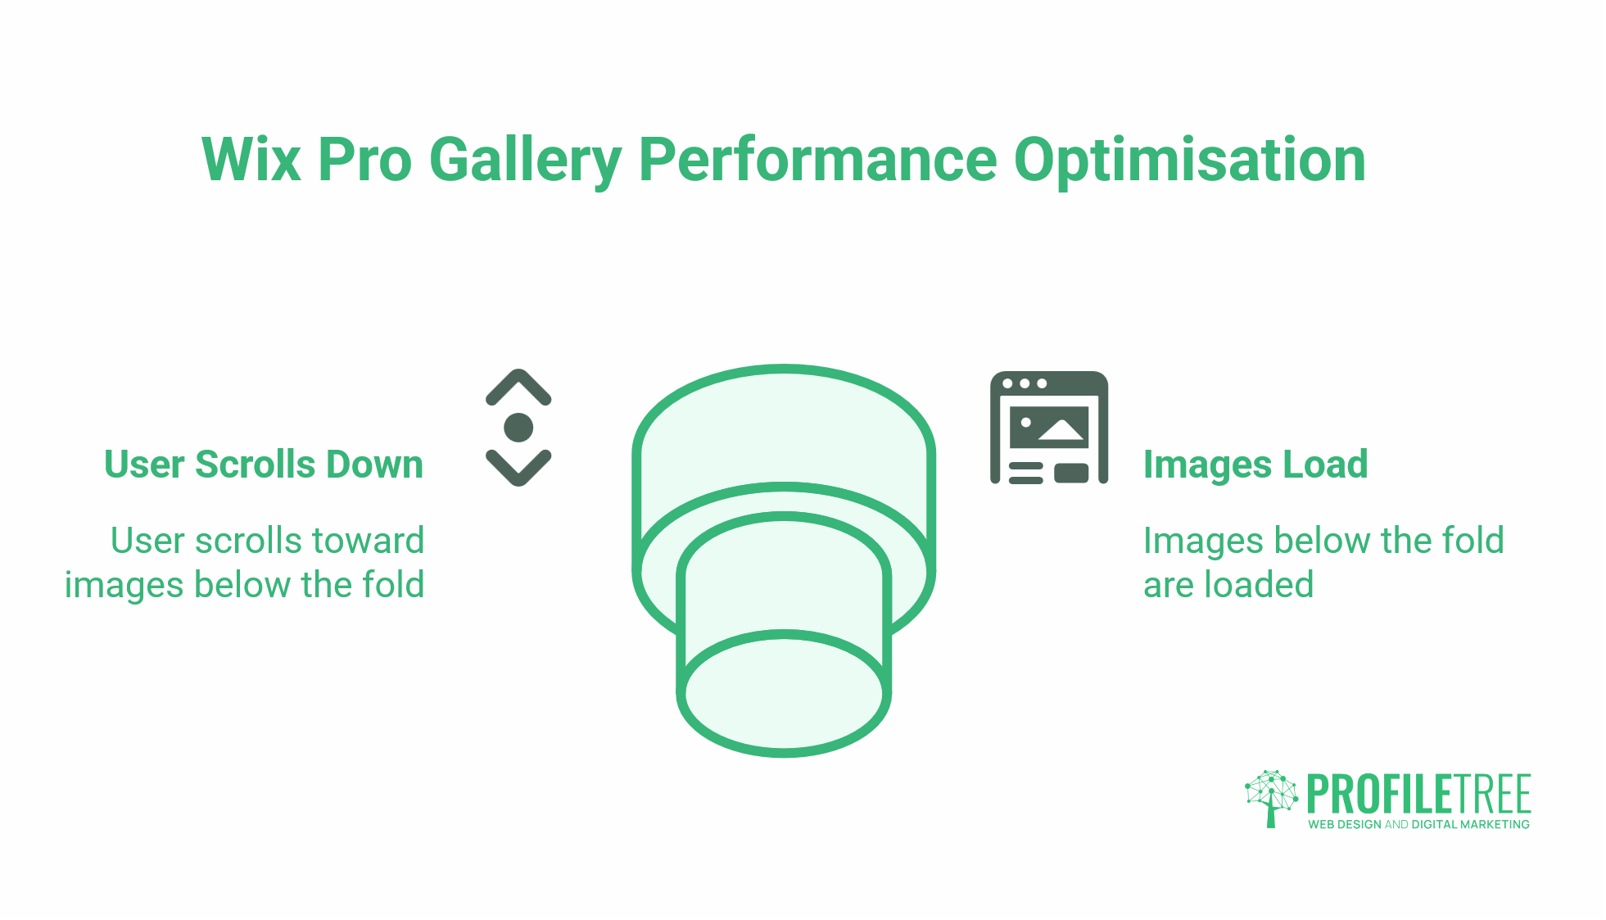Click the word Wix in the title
[x=251, y=159]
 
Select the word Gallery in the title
[x=525, y=161]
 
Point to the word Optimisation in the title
[x=1189, y=161]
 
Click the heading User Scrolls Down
[x=264, y=465]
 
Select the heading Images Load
[x=1255, y=465]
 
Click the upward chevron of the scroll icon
[x=518, y=387]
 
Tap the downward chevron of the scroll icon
[x=518, y=468]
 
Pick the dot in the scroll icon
[x=518, y=428]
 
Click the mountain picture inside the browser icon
[x=1049, y=428]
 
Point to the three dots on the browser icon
[x=1025, y=383]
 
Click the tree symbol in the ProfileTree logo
[x=1271, y=798]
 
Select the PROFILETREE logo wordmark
[x=1418, y=794]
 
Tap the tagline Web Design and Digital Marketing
[x=1418, y=824]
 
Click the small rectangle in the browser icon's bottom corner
[x=1071, y=474]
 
